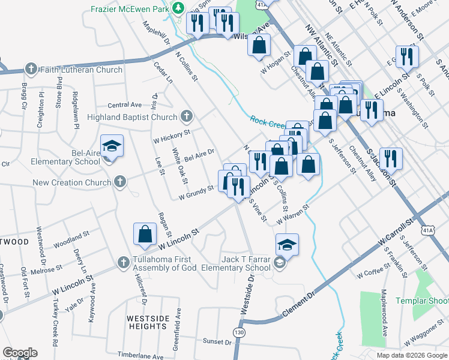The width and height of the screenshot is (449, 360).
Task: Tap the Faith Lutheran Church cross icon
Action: pyautogui.click(x=31, y=70)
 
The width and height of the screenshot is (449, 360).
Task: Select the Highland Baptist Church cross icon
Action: pyautogui.click(x=187, y=117)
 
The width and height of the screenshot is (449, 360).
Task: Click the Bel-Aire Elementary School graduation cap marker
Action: pyautogui.click(x=111, y=147)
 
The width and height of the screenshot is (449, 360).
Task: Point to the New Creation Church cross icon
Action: pyautogui.click(x=120, y=182)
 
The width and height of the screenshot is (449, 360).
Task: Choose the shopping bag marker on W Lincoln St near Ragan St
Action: pyautogui.click(x=145, y=235)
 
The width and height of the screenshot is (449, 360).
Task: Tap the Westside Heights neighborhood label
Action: pyautogui.click(x=147, y=322)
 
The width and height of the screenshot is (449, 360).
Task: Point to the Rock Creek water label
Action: pyautogui.click(x=270, y=121)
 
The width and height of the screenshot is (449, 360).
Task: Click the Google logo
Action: pyautogui.click(x=19, y=353)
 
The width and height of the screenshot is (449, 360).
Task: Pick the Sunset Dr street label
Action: pyautogui.click(x=217, y=341)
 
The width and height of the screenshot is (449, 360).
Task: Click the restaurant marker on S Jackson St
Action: pyautogui.click(x=391, y=158)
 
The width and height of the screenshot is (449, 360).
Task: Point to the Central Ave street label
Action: pyautogui.click(x=125, y=104)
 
